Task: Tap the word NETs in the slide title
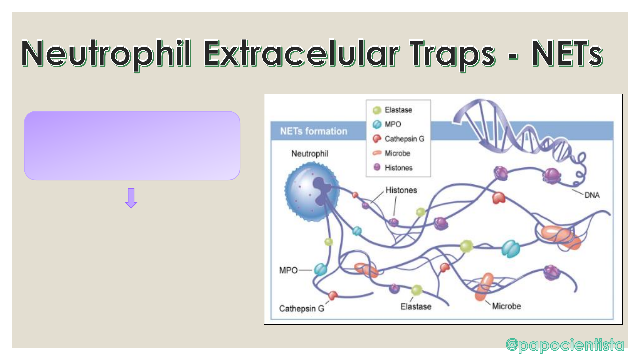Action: (567, 53)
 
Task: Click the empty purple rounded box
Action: (132, 146)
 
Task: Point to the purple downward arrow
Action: (131, 198)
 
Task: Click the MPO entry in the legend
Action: (387, 124)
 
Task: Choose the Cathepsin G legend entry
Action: (398, 139)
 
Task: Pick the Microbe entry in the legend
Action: (391, 153)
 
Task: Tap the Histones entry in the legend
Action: (393, 168)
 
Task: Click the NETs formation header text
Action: (314, 131)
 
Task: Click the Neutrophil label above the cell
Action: (310, 154)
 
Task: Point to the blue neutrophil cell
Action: (312, 192)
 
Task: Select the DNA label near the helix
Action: (592, 195)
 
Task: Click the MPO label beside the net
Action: (288, 270)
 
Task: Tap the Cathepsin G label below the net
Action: (302, 309)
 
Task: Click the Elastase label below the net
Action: (416, 307)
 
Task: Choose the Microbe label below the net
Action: (506, 306)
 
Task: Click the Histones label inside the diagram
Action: (401, 190)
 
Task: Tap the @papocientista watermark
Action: (565, 345)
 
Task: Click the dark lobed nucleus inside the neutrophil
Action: (321, 190)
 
